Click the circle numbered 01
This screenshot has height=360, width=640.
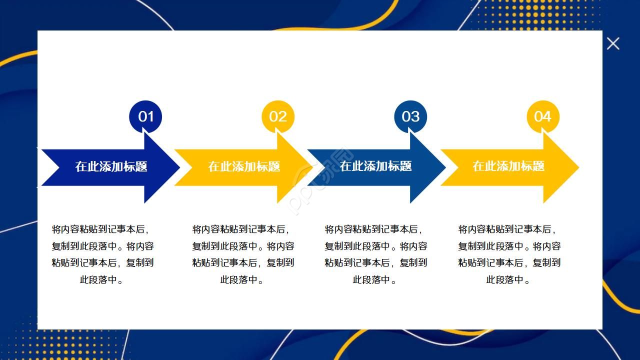(x=145, y=116)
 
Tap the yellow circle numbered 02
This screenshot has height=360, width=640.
(x=278, y=116)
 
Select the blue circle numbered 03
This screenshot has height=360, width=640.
(x=410, y=116)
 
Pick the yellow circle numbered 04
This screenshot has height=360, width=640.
(x=543, y=116)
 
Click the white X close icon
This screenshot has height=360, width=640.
(x=613, y=43)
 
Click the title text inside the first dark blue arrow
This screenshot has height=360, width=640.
(x=111, y=166)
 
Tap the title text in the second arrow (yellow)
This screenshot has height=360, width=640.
(x=244, y=166)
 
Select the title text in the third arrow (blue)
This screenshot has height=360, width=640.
(x=376, y=166)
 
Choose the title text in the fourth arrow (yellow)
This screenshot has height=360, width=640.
(x=508, y=166)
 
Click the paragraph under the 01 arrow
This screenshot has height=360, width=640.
(x=102, y=254)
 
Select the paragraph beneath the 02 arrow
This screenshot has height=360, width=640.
(x=243, y=254)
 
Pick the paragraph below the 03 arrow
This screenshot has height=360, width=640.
(x=375, y=254)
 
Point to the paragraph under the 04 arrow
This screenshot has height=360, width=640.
(x=509, y=254)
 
